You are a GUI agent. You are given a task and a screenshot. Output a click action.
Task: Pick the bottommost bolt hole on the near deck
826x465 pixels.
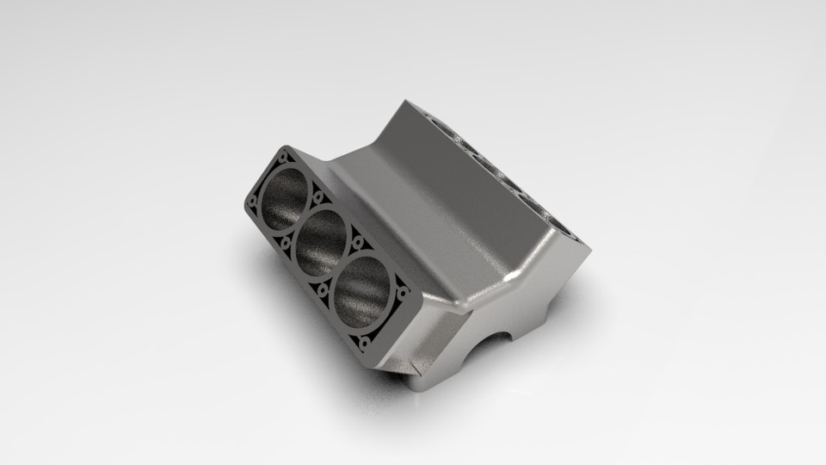pyautogui.click(x=365, y=344)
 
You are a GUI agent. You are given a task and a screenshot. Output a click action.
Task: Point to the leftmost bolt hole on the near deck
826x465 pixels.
pyautogui.click(x=251, y=203)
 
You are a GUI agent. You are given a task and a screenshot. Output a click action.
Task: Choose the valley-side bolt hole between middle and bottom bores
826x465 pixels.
pyautogui.click(x=357, y=244)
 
